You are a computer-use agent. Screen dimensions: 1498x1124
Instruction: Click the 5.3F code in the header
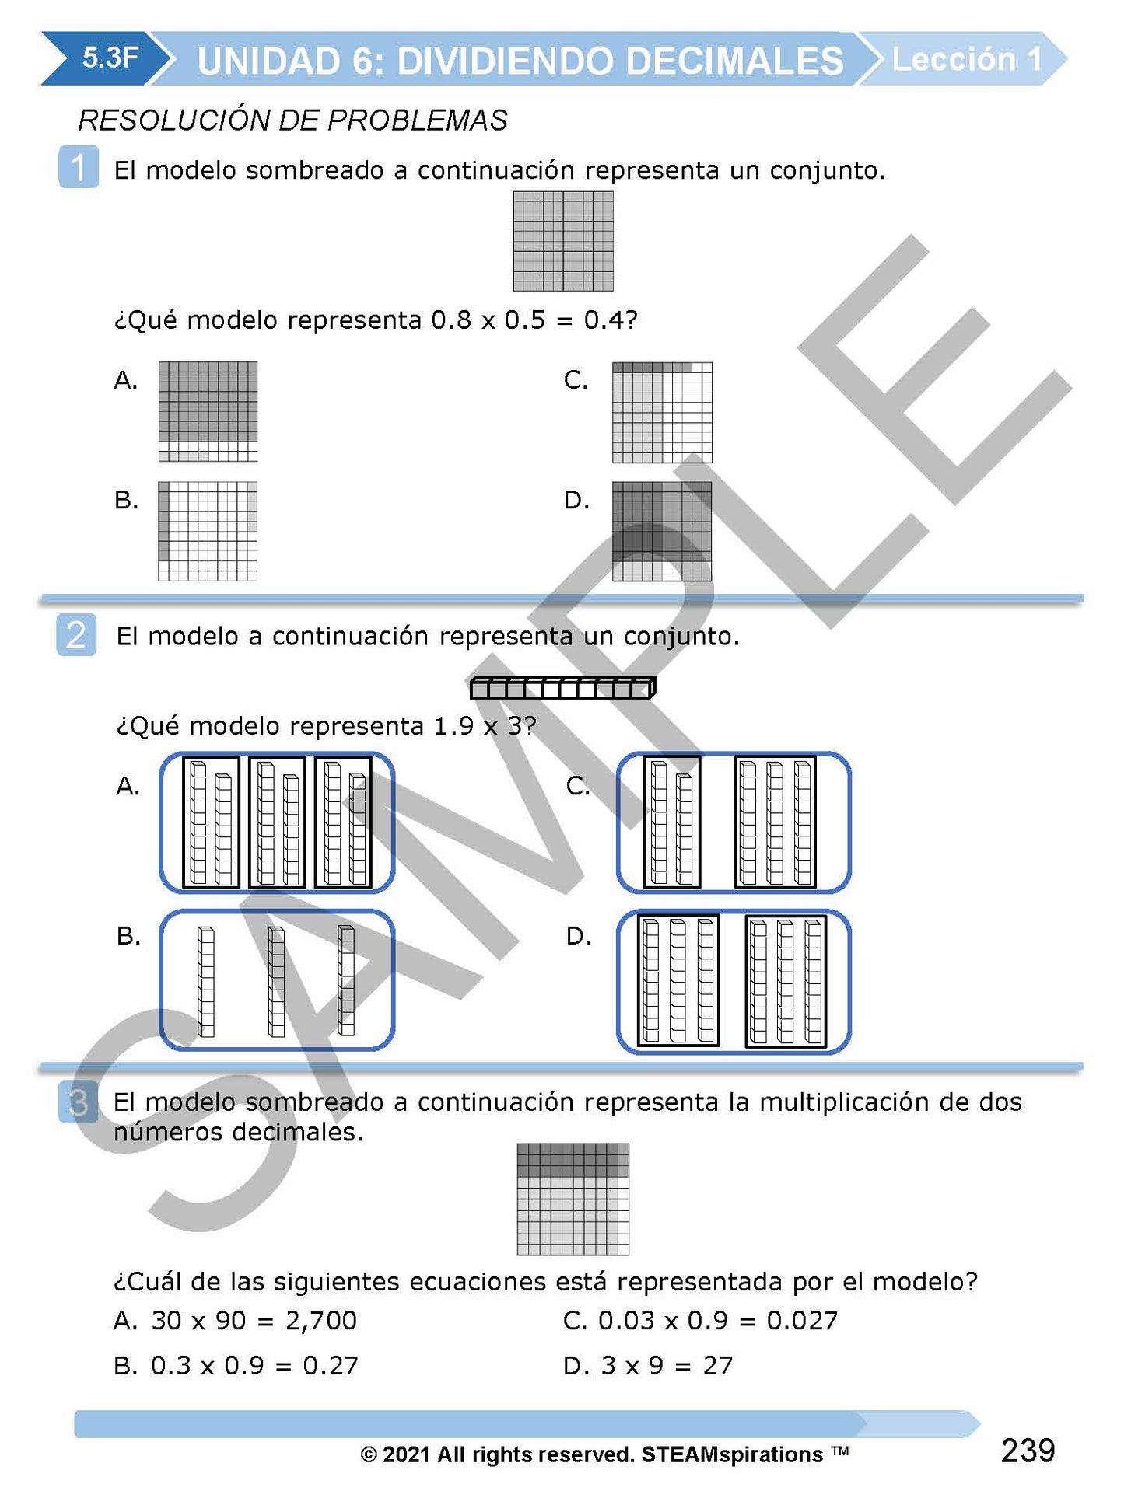pyautogui.click(x=110, y=58)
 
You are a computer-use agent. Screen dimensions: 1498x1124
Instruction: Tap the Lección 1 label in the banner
pyautogui.click(x=966, y=59)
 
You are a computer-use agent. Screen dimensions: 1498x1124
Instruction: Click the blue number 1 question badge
pyautogui.click(x=79, y=167)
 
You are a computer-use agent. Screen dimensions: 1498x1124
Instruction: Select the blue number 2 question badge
pyautogui.click(x=76, y=634)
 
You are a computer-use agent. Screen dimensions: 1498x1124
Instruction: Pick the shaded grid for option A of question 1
pyautogui.click(x=208, y=411)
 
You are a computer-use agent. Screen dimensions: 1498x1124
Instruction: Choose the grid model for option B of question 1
pyautogui.click(x=208, y=531)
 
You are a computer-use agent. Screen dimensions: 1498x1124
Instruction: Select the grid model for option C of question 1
pyautogui.click(x=662, y=412)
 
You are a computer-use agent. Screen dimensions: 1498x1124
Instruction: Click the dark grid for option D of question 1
pyautogui.click(x=662, y=531)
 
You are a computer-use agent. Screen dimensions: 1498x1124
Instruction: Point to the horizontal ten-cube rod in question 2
pyautogui.click(x=562, y=687)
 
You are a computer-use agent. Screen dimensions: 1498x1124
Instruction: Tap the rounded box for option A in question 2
pyautogui.click(x=277, y=822)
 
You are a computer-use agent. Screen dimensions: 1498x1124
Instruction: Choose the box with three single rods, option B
pyautogui.click(x=277, y=980)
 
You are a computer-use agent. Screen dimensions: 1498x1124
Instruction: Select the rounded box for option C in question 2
pyautogui.click(x=734, y=822)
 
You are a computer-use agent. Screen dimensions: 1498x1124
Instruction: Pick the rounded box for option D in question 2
pyautogui.click(x=734, y=982)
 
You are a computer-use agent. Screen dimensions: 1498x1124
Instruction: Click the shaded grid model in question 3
pyautogui.click(x=573, y=1199)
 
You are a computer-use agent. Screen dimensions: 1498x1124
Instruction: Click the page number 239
pyautogui.click(x=1028, y=1451)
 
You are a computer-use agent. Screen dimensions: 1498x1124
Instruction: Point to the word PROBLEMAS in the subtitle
pyautogui.click(x=417, y=120)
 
